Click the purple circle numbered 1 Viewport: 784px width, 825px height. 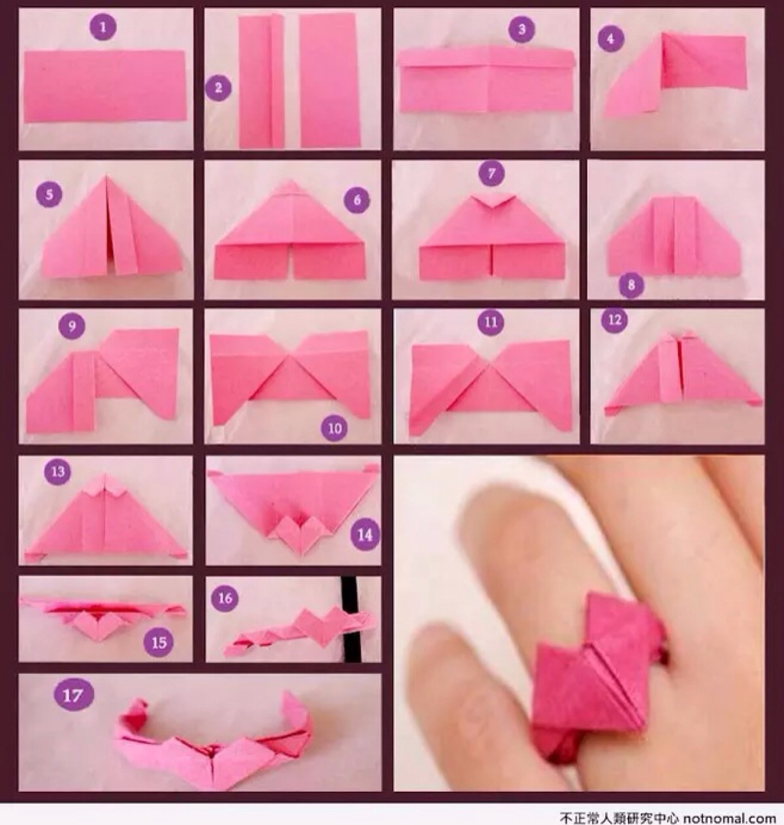[x=103, y=27]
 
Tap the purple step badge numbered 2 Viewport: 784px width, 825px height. [x=218, y=88]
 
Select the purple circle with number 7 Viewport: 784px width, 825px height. [x=491, y=173]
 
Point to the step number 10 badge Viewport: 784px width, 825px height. [x=335, y=429]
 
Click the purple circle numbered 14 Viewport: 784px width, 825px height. [x=365, y=536]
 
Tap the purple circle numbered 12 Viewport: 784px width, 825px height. [x=615, y=321]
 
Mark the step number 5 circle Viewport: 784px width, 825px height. [x=49, y=195]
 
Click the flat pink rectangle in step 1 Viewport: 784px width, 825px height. [x=105, y=86]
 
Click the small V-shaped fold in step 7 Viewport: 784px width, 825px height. [x=491, y=201]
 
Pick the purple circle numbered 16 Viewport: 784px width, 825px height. [x=225, y=598]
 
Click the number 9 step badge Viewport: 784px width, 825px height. [x=72, y=326]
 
